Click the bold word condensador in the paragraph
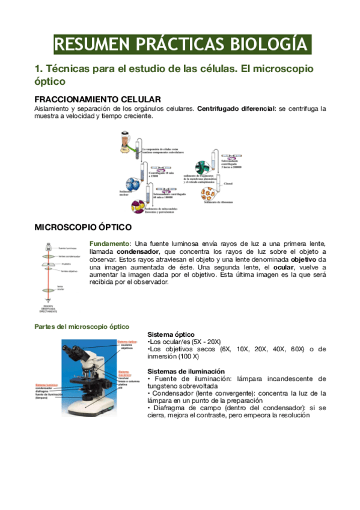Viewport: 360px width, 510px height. [x=138, y=251]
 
